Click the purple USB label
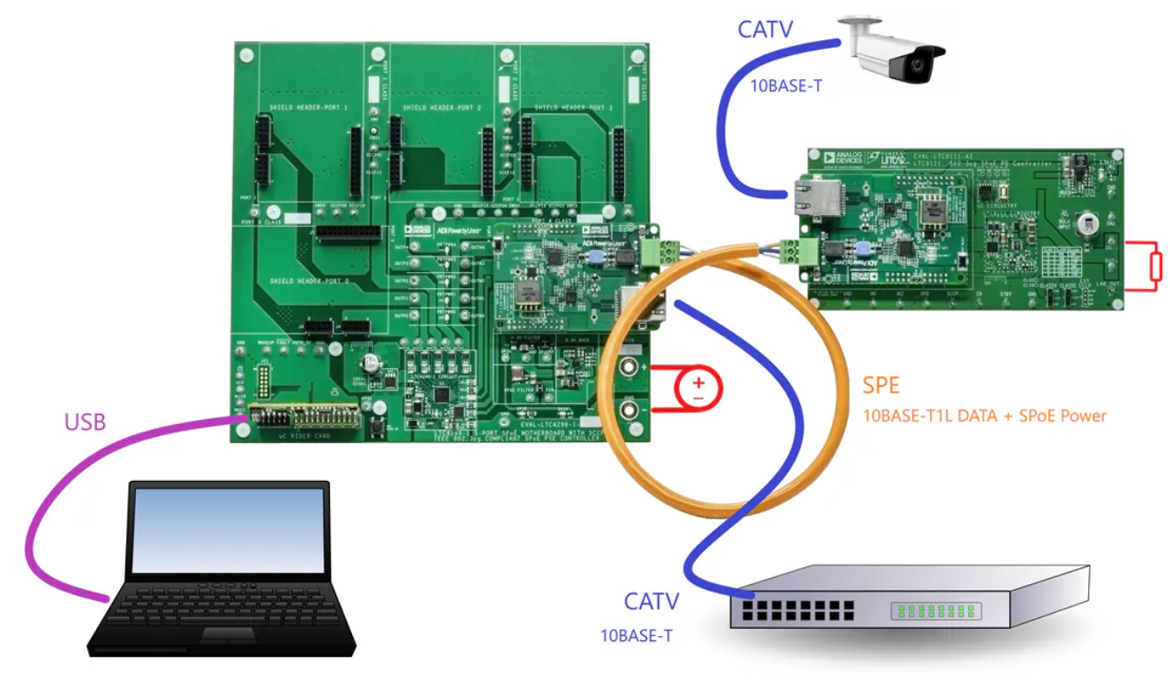point(85,422)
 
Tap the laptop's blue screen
point(228,530)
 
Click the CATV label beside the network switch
point(651,601)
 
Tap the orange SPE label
point(881,385)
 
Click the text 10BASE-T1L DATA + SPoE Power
point(984,415)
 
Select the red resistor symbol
point(1155,265)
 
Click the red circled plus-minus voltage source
point(699,389)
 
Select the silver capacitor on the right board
point(1085,225)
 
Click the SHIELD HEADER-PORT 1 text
point(309,107)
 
